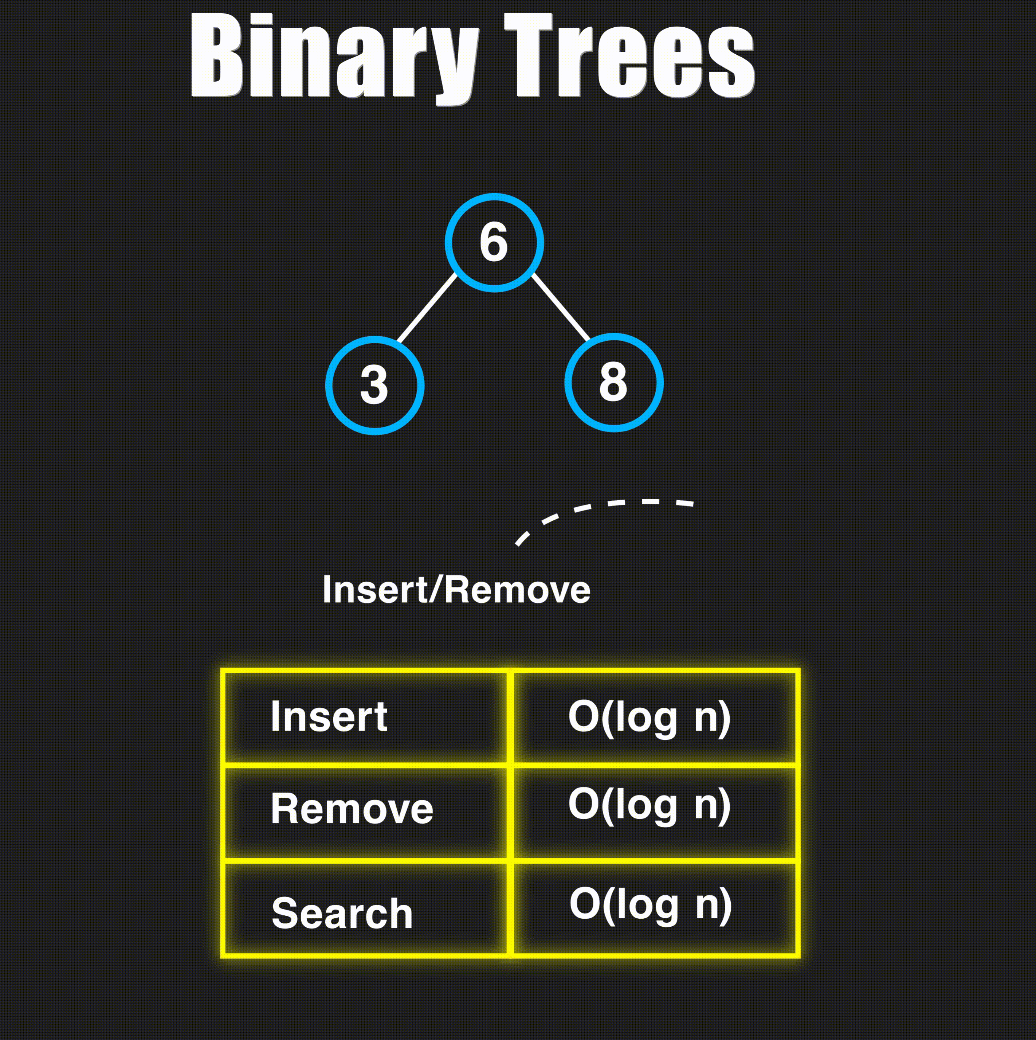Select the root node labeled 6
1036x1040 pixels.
pyautogui.click(x=494, y=243)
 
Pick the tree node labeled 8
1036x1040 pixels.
pyautogui.click(x=613, y=383)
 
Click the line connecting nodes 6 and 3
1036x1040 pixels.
pyautogui.click(x=427, y=308)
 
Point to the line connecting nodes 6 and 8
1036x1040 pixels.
pyautogui.click(x=561, y=307)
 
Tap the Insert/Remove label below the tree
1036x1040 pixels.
pyautogui.click(x=456, y=590)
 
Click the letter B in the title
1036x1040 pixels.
pyautogui.click(x=216, y=55)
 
